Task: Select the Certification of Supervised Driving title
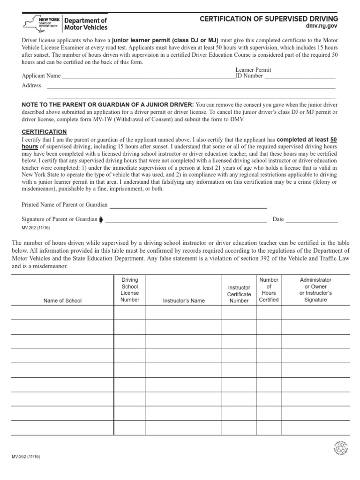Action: tap(269, 19)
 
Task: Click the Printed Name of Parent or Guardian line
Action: tap(188, 205)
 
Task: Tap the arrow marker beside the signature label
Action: tap(101, 219)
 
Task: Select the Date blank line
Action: tap(312, 220)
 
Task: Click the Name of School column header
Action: tap(62, 300)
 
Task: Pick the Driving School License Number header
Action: tap(130, 290)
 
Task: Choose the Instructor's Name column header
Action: tap(184, 300)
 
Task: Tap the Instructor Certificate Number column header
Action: tap(239, 294)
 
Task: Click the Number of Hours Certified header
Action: tap(269, 290)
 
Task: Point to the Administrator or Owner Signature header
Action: tap(315, 290)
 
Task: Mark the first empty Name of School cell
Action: tap(62, 313)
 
